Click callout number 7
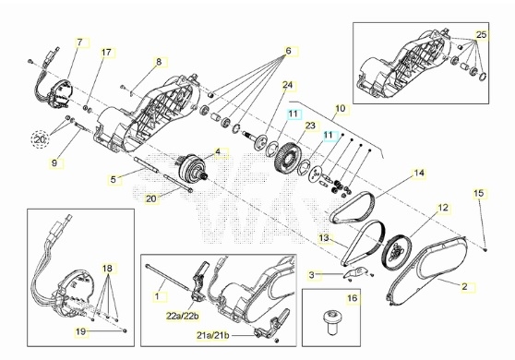click(x=79, y=42)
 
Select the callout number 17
click(x=106, y=53)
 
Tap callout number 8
click(x=159, y=62)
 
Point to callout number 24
click(x=287, y=85)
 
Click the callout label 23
click(x=310, y=126)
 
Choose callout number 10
click(x=341, y=108)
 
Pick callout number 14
click(x=419, y=173)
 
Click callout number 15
click(x=479, y=193)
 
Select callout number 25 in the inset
click(x=481, y=34)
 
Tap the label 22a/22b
click(x=183, y=317)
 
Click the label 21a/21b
click(x=213, y=336)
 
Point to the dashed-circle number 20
click(x=40, y=139)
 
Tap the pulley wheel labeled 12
click(x=398, y=251)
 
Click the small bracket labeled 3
click(x=354, y=272)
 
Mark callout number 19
click(x=81, y=331)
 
